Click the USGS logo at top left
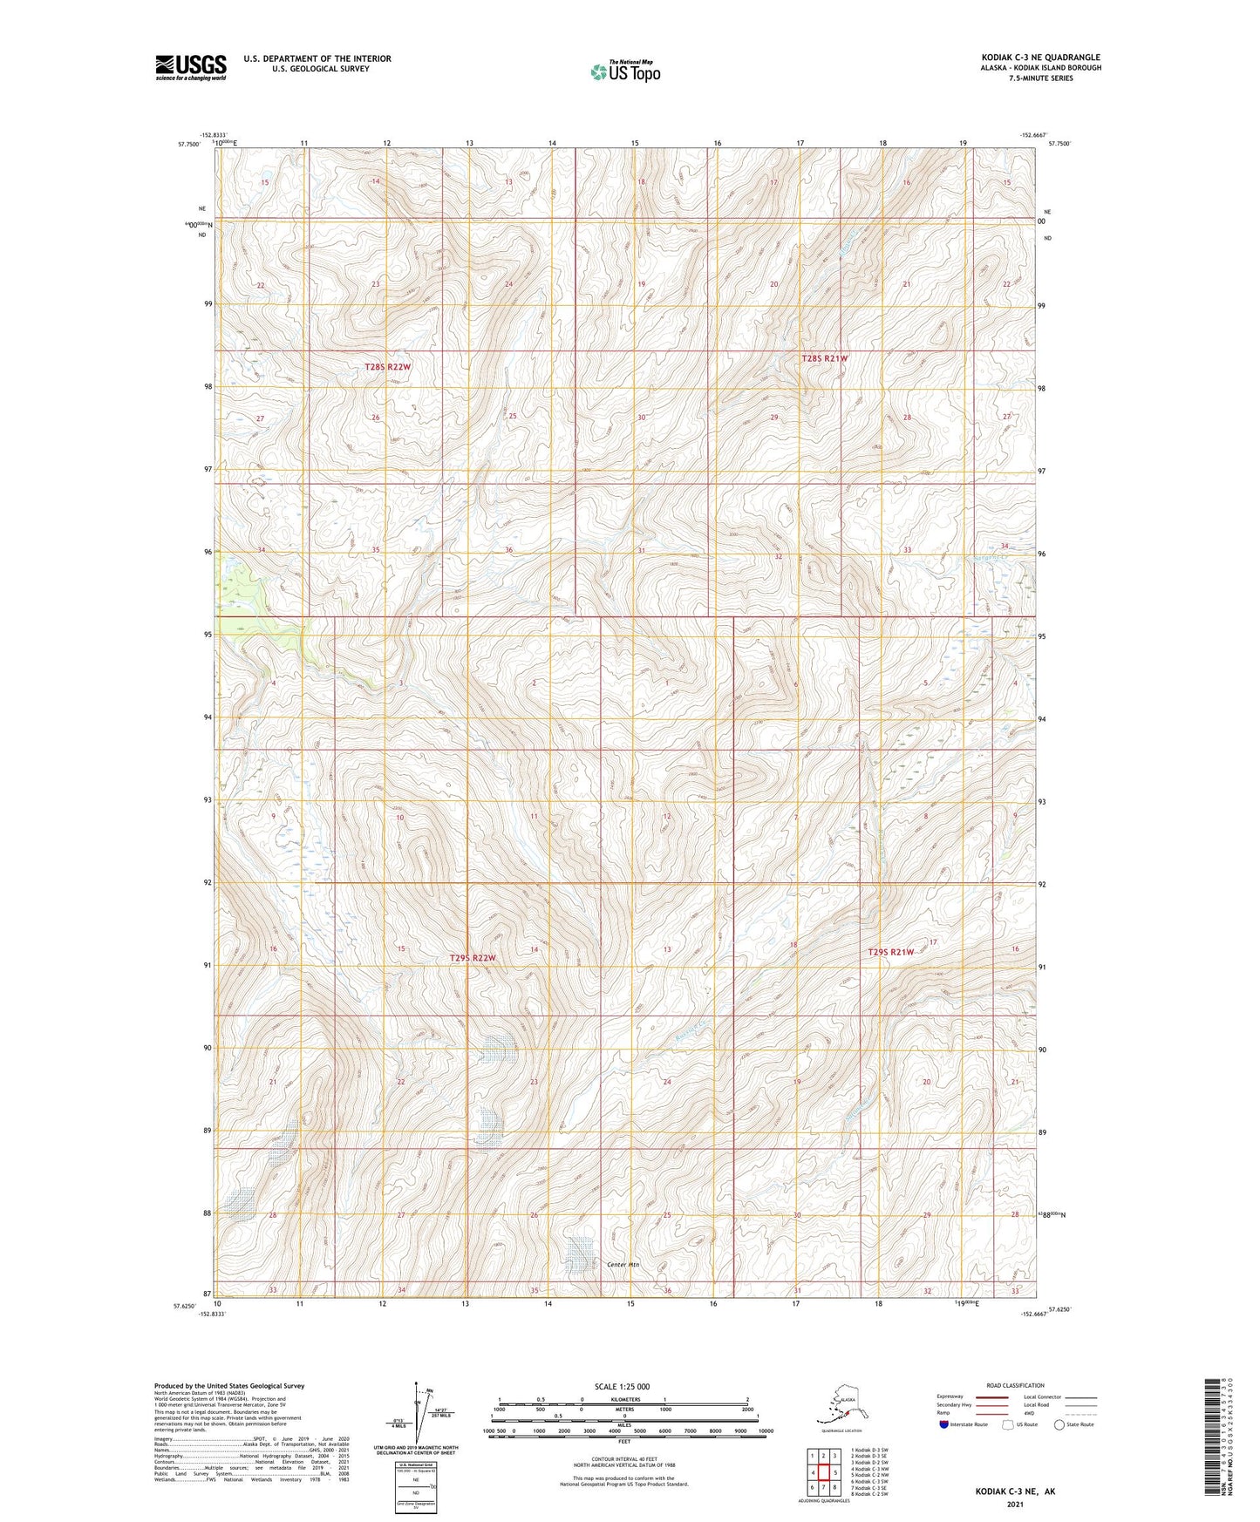pos(190,67)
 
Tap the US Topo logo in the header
pos(624,71)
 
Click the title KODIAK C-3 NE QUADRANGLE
pos(1040,58)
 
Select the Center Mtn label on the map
pos(623,1264)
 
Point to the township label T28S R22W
pos(387,367)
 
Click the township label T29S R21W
pos(890,952)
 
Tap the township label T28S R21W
pos(824,358)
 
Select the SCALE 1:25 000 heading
pos(622,1387)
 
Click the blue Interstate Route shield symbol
pos(944,1424)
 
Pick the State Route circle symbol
pos(1059,1424)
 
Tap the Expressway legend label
pos(950,1396)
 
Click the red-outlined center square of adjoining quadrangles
pos(823,1472)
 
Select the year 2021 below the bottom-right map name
pos(1015,1504)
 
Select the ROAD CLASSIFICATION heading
pos(1015,1385)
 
